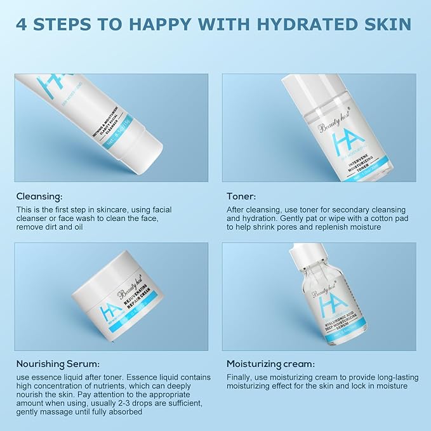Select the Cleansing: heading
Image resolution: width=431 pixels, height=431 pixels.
pyautogui.click(x=40, y=196)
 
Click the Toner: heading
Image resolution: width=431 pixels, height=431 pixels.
pyautogui.click(x=241, y=196)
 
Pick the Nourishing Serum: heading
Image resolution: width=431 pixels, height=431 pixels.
pyautogui.click(x=57, y=364)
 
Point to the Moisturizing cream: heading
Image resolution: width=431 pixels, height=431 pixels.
pyautogui.click(x=270, y=364)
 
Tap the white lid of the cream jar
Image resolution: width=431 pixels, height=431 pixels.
pyautogui.click(x=121, y=277)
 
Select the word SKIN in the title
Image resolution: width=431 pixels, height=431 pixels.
pyautogui.click(x=384, y=25)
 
